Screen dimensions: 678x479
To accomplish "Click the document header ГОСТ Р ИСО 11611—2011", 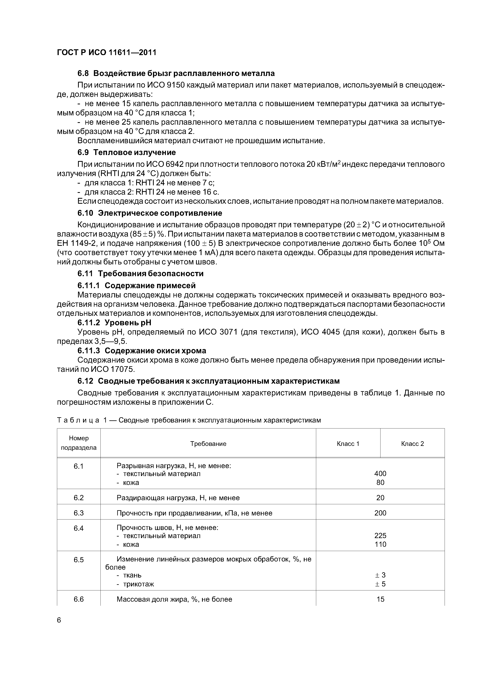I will click(107, 53).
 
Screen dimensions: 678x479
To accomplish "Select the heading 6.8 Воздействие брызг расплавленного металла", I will click(176, 73).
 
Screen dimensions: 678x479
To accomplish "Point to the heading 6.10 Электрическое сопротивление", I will click(150, 213).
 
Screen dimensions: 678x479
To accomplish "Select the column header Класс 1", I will click(348, 444).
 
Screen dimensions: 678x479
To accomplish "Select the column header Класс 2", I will click(412, 444).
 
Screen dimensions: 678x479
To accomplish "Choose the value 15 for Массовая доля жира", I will click(380, 599).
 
